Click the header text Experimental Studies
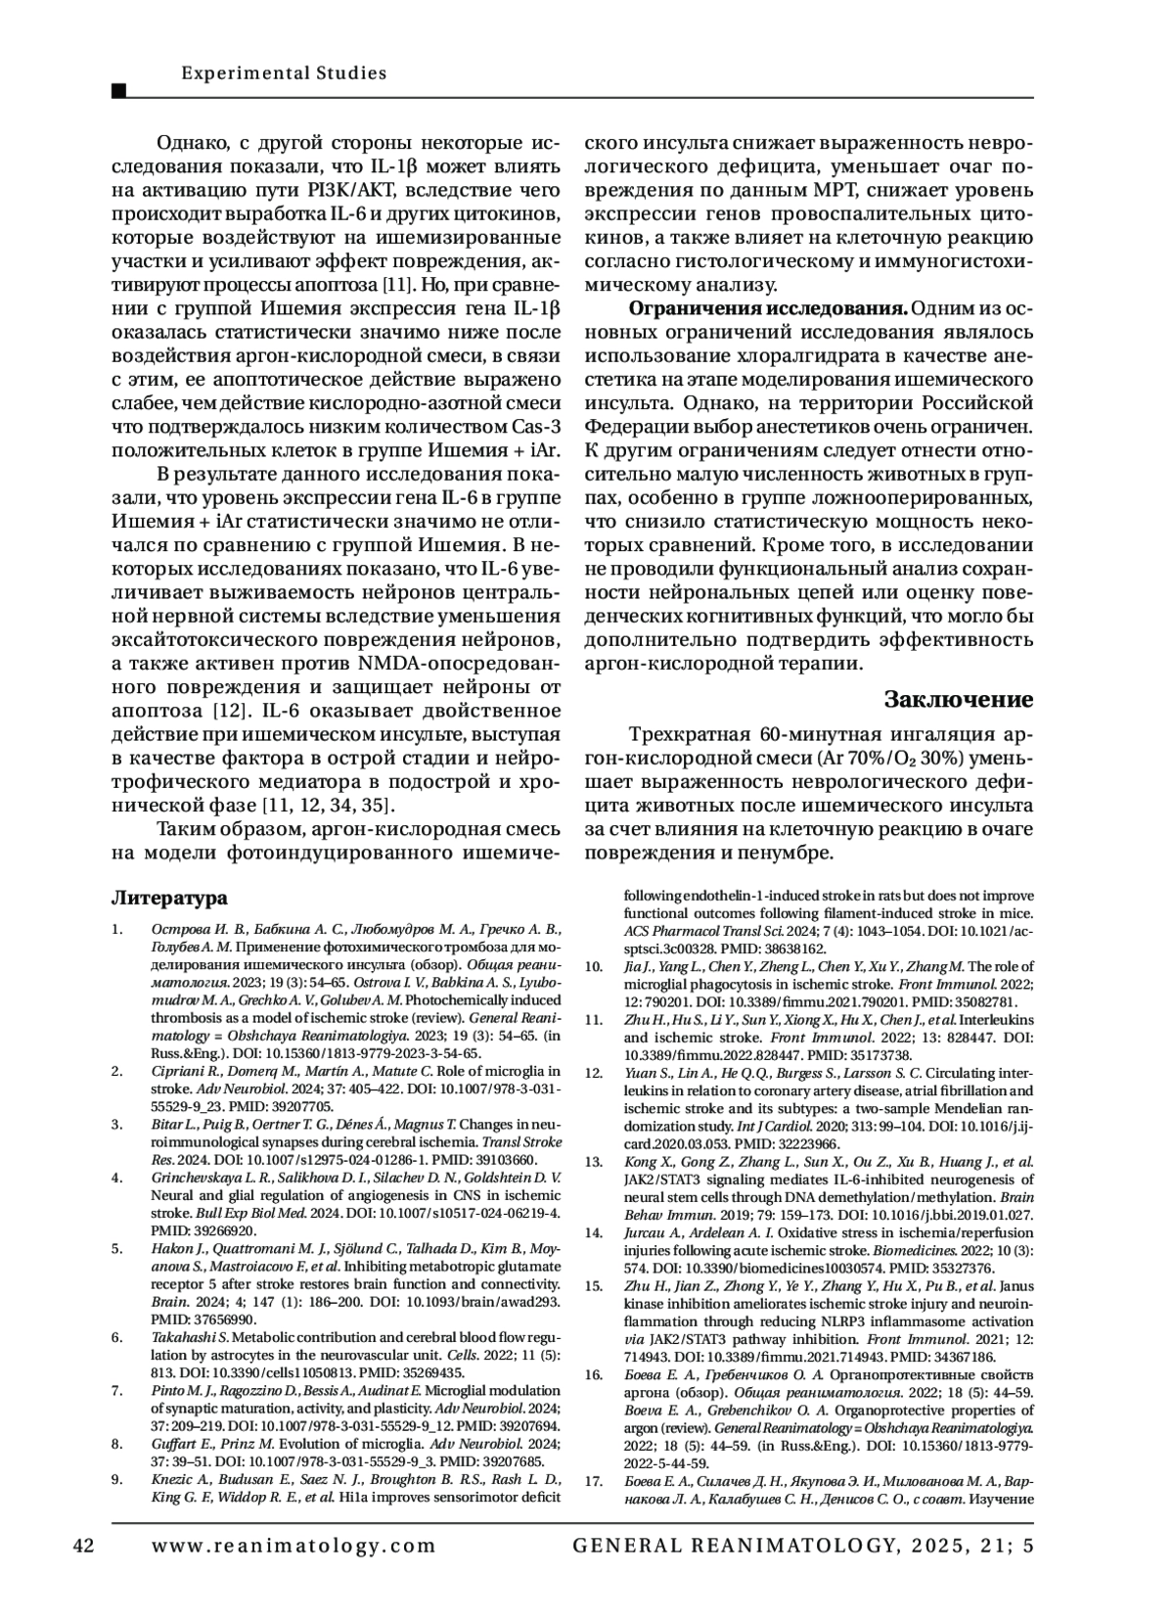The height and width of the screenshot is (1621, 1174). pos(284,73)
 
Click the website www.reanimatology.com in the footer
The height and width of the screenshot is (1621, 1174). pos(294,1546)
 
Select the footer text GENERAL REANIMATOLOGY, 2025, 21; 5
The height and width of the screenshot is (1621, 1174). pos(802,1546)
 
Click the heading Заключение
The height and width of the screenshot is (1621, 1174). pos(958,699)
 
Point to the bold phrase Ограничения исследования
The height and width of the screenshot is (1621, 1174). pos(768,309)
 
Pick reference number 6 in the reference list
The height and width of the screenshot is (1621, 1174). pos(116,1337)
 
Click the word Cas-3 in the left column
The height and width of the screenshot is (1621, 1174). pos(536,426)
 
